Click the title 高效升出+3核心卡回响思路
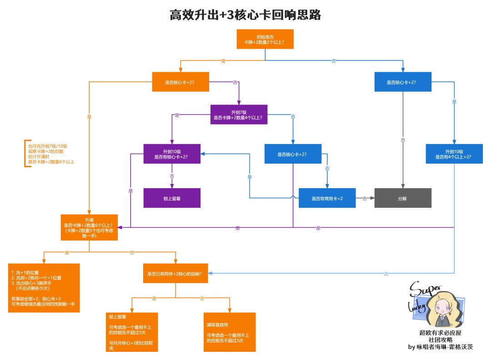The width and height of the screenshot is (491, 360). (245, 15)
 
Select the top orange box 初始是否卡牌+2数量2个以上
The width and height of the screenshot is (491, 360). (265, 39)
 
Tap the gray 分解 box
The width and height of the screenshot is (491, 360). (402, 198)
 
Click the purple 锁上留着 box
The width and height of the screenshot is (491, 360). (172, 198)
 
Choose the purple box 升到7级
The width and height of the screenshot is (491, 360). (239, 115)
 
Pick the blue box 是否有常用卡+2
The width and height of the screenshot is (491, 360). (327, 198)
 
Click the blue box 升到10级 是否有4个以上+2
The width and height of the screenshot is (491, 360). (454, 154)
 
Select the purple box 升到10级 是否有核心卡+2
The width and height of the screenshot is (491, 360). (172, 154)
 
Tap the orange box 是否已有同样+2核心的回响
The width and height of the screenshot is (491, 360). (175, 274)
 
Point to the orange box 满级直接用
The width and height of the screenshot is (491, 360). (230, 332)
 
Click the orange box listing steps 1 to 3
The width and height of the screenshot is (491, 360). (44, 288)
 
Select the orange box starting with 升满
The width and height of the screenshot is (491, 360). (89, 227)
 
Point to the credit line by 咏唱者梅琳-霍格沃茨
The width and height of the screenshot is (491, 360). (441, 347)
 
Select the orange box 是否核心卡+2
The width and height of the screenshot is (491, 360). (180, 83)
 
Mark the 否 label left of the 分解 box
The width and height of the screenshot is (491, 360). (365, 198)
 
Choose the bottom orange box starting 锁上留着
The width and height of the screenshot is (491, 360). (132, 332)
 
